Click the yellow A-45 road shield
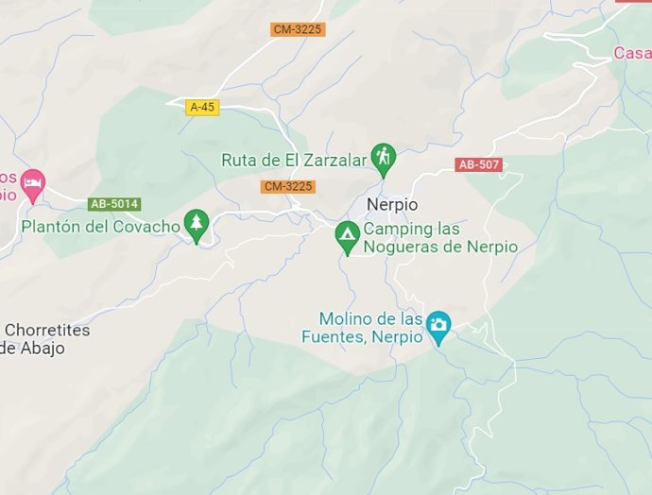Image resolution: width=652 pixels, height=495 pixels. (202, 107)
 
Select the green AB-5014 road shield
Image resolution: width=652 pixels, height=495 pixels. (113, 203)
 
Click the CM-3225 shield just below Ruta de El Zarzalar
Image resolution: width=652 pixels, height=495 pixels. (288, 186)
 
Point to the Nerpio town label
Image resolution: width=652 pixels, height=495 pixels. (391, 204)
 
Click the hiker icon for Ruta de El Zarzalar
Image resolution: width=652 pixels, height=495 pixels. (383, 158)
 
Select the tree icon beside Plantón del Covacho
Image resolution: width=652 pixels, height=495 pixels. (197, 224)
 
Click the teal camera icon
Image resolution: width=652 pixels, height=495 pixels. (438, 326)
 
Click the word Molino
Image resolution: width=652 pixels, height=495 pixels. (348, 318)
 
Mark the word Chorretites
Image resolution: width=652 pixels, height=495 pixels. (47, 330)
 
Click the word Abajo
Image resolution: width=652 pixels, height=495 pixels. (43, 348)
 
